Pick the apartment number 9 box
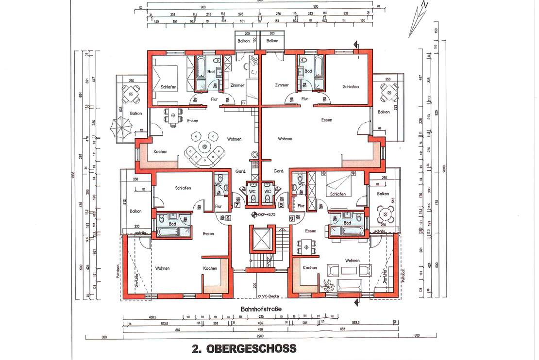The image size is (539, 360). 291,218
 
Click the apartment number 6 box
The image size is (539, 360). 228,218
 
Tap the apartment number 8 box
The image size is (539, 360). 281,205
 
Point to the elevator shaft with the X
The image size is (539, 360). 261,239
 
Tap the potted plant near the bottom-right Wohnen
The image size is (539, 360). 327,284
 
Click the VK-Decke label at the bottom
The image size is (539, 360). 268,296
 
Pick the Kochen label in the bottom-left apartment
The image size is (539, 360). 210,268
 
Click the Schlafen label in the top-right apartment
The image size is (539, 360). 350,87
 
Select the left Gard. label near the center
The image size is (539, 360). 241,171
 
